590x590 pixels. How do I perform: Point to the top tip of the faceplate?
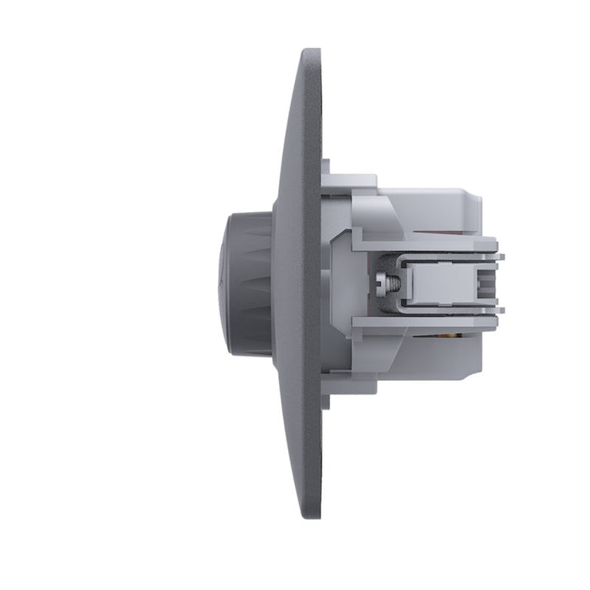pyautogui.click(x=311, y=52)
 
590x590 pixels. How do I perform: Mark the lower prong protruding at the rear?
pyautogui.click(x=498, y=309)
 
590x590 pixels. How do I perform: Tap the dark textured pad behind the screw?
pyautogui.click(x=368, y=282)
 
